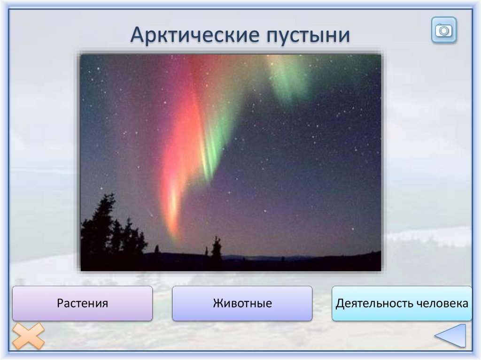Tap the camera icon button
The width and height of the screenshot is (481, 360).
pyautogui.click(x=444, y=30)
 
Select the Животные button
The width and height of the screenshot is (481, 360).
pyautogui.click(x=242, y=303)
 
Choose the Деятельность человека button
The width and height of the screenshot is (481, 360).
pyautogui.click(x=402, y=303)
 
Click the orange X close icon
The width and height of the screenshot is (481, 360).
pyautogui.click(x=28, y=336)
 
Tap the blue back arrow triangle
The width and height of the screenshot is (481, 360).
pyautogui.click(x=450, y=336)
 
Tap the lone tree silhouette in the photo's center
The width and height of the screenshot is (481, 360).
pyautogui.click(x=216, y=248)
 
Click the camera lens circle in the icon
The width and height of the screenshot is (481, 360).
pyautogui.click(x=444, y=31)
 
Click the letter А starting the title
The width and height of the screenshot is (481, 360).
pyautogui.click(x=138, y=35)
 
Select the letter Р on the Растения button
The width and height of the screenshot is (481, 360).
pyautogui.click(x=60, y=304)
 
